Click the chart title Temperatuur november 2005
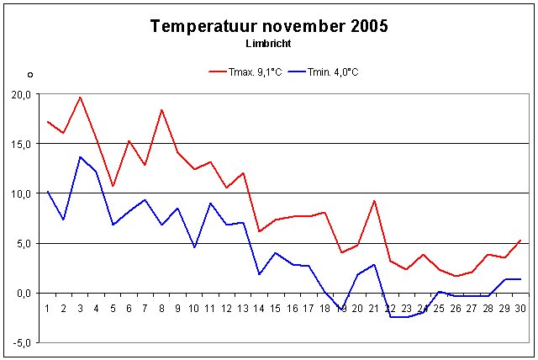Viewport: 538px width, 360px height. click(x=269, y=26)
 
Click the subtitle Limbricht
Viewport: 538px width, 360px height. click(x=269, y=43)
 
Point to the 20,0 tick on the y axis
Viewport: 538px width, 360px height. click(x=21, y=95)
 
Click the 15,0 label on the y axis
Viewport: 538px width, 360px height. click(x=21, y=144)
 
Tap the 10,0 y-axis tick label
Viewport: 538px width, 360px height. click(x=21, y=193)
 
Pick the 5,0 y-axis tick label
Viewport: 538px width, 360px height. click(x=23, y=243)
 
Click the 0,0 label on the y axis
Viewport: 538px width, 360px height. click(x=23, y=293)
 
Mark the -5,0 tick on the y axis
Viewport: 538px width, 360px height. click(x=21, y=342)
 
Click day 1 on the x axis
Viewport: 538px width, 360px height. click(x=47, y=309)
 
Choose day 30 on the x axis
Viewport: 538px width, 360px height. click(x=520, y=309)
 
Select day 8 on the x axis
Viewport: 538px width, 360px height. click(x=161, y=309)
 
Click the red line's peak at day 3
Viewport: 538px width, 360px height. click(x=80, y=97)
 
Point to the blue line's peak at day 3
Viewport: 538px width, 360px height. click(x=80, y=157)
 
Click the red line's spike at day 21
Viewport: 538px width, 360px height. click(x=373, y=200)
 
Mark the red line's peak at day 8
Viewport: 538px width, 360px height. click(x=161, y=110)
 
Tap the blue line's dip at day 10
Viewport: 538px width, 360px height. click(x=194, y=247)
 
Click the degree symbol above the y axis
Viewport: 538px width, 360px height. click(x=29, y=74)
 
